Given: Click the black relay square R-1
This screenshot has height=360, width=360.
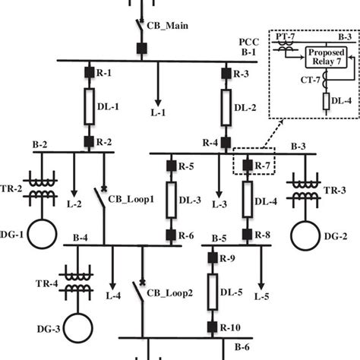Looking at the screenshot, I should pyautogui.click(x=87, y=74).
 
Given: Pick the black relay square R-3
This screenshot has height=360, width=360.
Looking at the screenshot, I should pyautogui.click(x=226, y=74).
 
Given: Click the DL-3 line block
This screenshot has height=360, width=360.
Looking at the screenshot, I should pyautogui.click(x=172, y=200).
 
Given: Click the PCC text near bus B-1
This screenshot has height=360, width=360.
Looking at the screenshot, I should pyautogui.click(x=249, y=43).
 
